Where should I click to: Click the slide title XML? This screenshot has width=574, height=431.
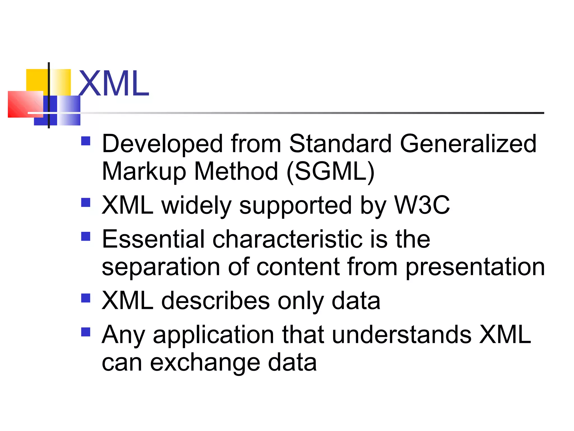pyautogui.click(x=114, y=83)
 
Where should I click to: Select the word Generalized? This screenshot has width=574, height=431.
pyautogui.click(x=468, y=144)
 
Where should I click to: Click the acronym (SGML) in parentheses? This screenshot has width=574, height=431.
pyautogui.click(x=331, y=171)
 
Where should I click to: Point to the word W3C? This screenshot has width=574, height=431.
pyautogui.click(x=422, y=205)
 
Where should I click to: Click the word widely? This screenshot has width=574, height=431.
pyautogui.click(x=196, y=206)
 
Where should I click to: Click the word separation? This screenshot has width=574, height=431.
pyautogui.click(x=161, y=267)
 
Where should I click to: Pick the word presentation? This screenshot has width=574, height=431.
pyautogui.click(x=475, y=267)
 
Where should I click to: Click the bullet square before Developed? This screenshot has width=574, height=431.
pyautogui.click(x=86, y=141)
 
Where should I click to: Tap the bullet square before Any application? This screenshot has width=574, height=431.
pyautogui.click(x=86, y=332)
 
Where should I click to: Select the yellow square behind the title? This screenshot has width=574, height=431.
pyautogui.click(x=36, y=80)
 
